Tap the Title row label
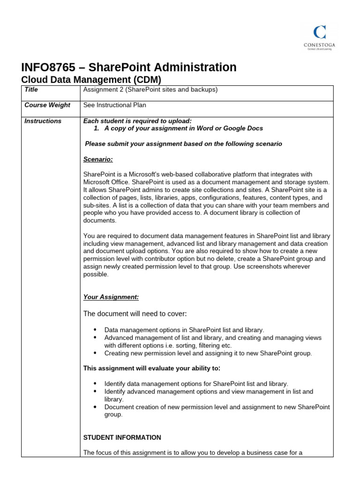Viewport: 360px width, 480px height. (x=31, y=90)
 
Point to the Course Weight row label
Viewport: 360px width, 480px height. (x=47, y=105)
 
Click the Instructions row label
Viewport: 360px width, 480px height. (x=43, y=121)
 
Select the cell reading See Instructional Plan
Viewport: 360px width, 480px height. (x=114, y=105)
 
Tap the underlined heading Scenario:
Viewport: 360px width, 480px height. (x=98, y=159)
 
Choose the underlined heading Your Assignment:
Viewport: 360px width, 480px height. (x=111, y=297)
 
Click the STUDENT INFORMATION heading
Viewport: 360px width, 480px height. (x=122, y=437)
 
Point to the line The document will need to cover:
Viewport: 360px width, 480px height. (x=135, y=313)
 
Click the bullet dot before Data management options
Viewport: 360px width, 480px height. (x=95, y=330)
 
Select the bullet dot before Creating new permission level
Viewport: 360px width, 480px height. (x=95, y=353)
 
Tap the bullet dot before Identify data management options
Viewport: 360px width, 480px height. (x=95, y=383)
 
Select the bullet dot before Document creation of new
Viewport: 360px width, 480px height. (x=95, y=407)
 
